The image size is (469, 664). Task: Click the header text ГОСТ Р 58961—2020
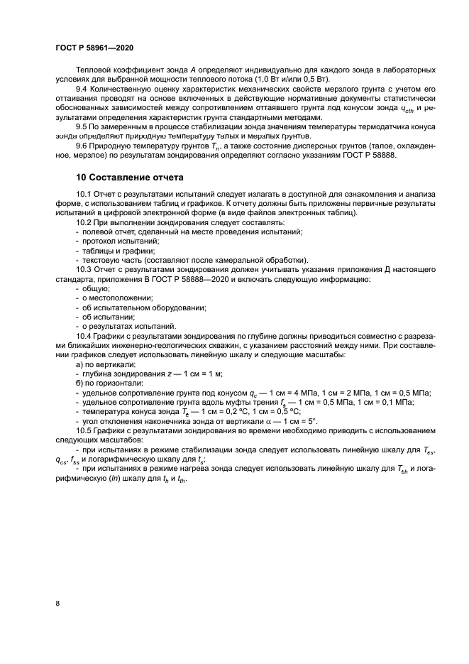pyautogui.click(x=94, y=47)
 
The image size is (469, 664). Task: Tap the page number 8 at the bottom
pyautogui.click(x=57, y=603)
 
